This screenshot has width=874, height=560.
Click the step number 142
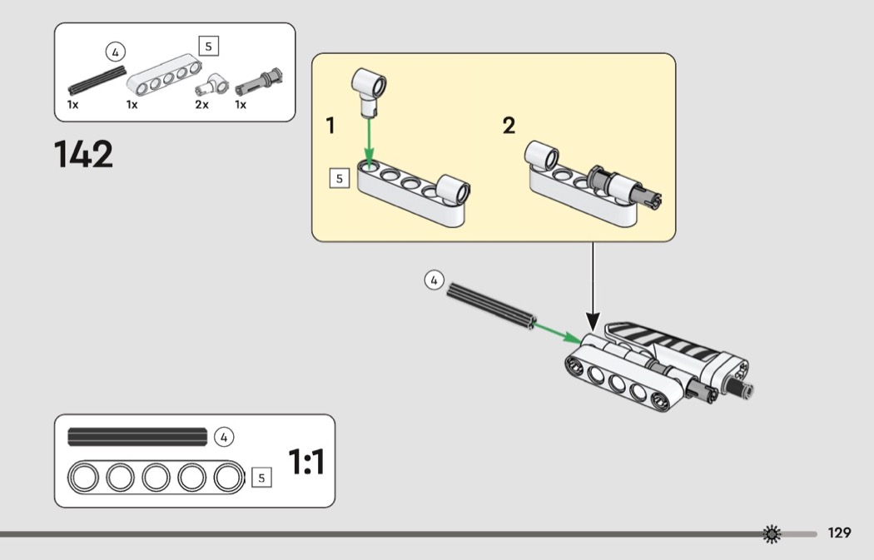pos(83,155)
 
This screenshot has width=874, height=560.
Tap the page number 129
pos(839,533)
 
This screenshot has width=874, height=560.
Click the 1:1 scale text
pos(306,462)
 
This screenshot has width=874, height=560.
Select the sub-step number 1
pos(330,126)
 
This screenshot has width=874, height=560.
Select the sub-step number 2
pos(509,126)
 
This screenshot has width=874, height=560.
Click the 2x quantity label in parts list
pos(201,105)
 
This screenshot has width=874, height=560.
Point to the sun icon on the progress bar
pos(772,533)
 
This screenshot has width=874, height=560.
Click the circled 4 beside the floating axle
pos(434,280)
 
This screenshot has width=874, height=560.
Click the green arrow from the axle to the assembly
pos(558,332)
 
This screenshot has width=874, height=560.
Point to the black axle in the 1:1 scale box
pos(137,436)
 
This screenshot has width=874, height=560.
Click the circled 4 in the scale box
pos(223,436)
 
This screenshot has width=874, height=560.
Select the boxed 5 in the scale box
pos(261,478)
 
